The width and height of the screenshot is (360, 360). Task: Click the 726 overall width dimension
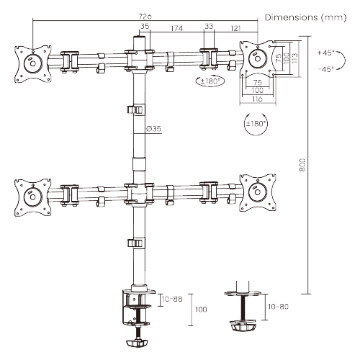point(145,17)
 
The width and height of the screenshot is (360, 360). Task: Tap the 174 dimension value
point(176,28)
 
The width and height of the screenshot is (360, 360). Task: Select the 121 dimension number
point(235,28)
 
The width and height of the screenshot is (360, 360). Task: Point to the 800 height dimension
point(302,165)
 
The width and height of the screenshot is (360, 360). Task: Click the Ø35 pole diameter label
point(153,129)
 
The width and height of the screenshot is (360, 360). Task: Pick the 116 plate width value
point(257,99)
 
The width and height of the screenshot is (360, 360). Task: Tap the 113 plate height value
point(295,58)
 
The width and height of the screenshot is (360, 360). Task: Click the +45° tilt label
point(325,53)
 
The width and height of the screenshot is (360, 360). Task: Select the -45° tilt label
point(325,69)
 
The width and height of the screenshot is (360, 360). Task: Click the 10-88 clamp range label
point(172,299)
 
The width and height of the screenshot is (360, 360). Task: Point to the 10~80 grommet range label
point(278,307)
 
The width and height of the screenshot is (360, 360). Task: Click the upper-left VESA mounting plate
point(33,64)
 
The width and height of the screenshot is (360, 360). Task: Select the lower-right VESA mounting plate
point(258,193)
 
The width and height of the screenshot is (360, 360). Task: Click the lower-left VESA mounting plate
point(33,197)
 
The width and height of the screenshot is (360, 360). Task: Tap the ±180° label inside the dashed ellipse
point(210,81)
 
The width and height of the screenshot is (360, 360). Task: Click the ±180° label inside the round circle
point(256,124)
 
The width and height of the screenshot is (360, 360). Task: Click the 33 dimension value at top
point(209,26)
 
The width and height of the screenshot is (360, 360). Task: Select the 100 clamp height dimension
point(201,310)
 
